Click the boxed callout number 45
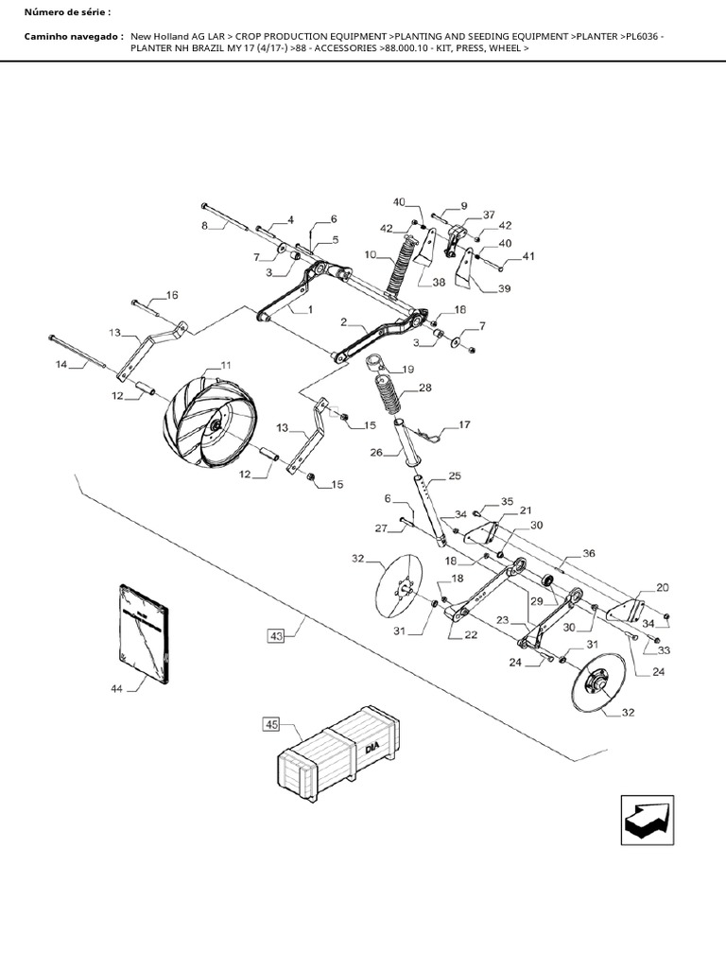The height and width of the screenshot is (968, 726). coord(271,725)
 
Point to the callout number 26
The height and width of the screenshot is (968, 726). coord(375,452)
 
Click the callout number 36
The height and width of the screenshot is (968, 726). coord(589,553)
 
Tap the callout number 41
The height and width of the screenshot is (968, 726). coord(527,256)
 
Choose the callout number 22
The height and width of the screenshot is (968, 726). coord(470,634)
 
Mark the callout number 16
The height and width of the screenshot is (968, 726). coord(171,295)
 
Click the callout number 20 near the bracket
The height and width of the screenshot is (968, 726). coord(662,587)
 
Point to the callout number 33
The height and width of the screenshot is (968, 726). coord(663,650)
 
